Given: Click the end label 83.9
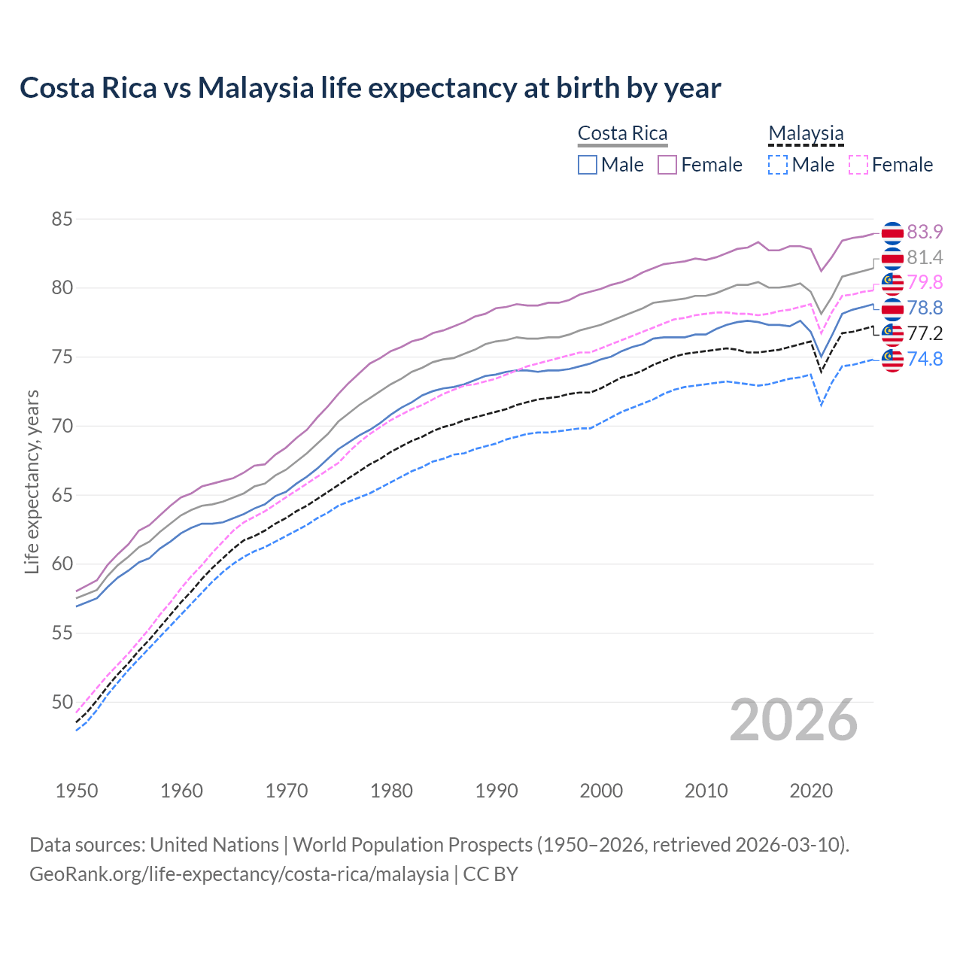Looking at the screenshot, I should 925,232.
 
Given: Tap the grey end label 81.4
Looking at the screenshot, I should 925,257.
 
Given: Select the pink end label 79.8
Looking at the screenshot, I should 925,282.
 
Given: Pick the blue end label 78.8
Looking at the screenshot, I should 925,308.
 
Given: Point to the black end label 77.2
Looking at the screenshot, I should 925,333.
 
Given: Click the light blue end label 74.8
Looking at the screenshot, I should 925,359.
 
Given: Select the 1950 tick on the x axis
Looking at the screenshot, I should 77,791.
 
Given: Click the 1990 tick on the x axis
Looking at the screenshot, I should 497,791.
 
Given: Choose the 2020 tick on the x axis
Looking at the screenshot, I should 811,791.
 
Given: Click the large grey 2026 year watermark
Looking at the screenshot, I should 793,721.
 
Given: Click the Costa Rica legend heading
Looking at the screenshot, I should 622,134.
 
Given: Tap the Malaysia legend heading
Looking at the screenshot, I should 806,134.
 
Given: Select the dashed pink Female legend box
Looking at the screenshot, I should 858,165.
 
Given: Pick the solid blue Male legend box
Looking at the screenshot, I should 588,165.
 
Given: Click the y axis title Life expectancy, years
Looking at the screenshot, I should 32,481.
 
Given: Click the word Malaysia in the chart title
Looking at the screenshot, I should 256,88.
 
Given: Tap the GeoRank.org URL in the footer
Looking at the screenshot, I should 239,874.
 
